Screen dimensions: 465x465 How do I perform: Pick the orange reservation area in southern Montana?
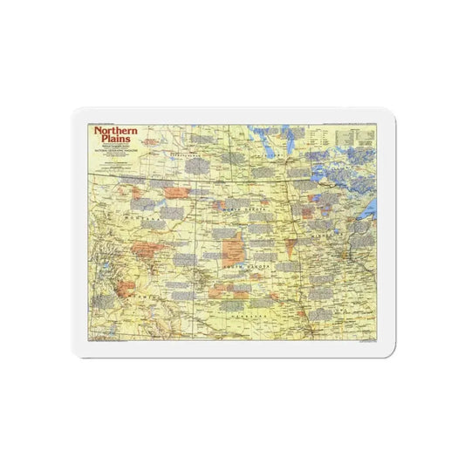click(143, 250)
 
